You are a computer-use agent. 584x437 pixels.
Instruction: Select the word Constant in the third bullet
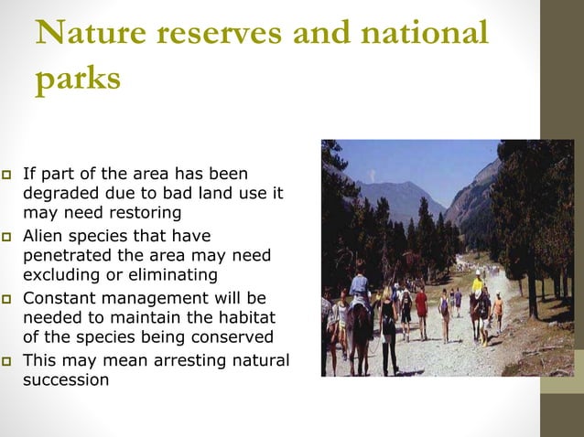click(57, 297)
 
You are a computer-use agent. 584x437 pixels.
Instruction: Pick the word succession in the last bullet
click(66, 379)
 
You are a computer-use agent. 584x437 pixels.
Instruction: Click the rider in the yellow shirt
click(477, 283)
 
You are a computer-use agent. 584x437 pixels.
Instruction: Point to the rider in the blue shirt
click(360, 287)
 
